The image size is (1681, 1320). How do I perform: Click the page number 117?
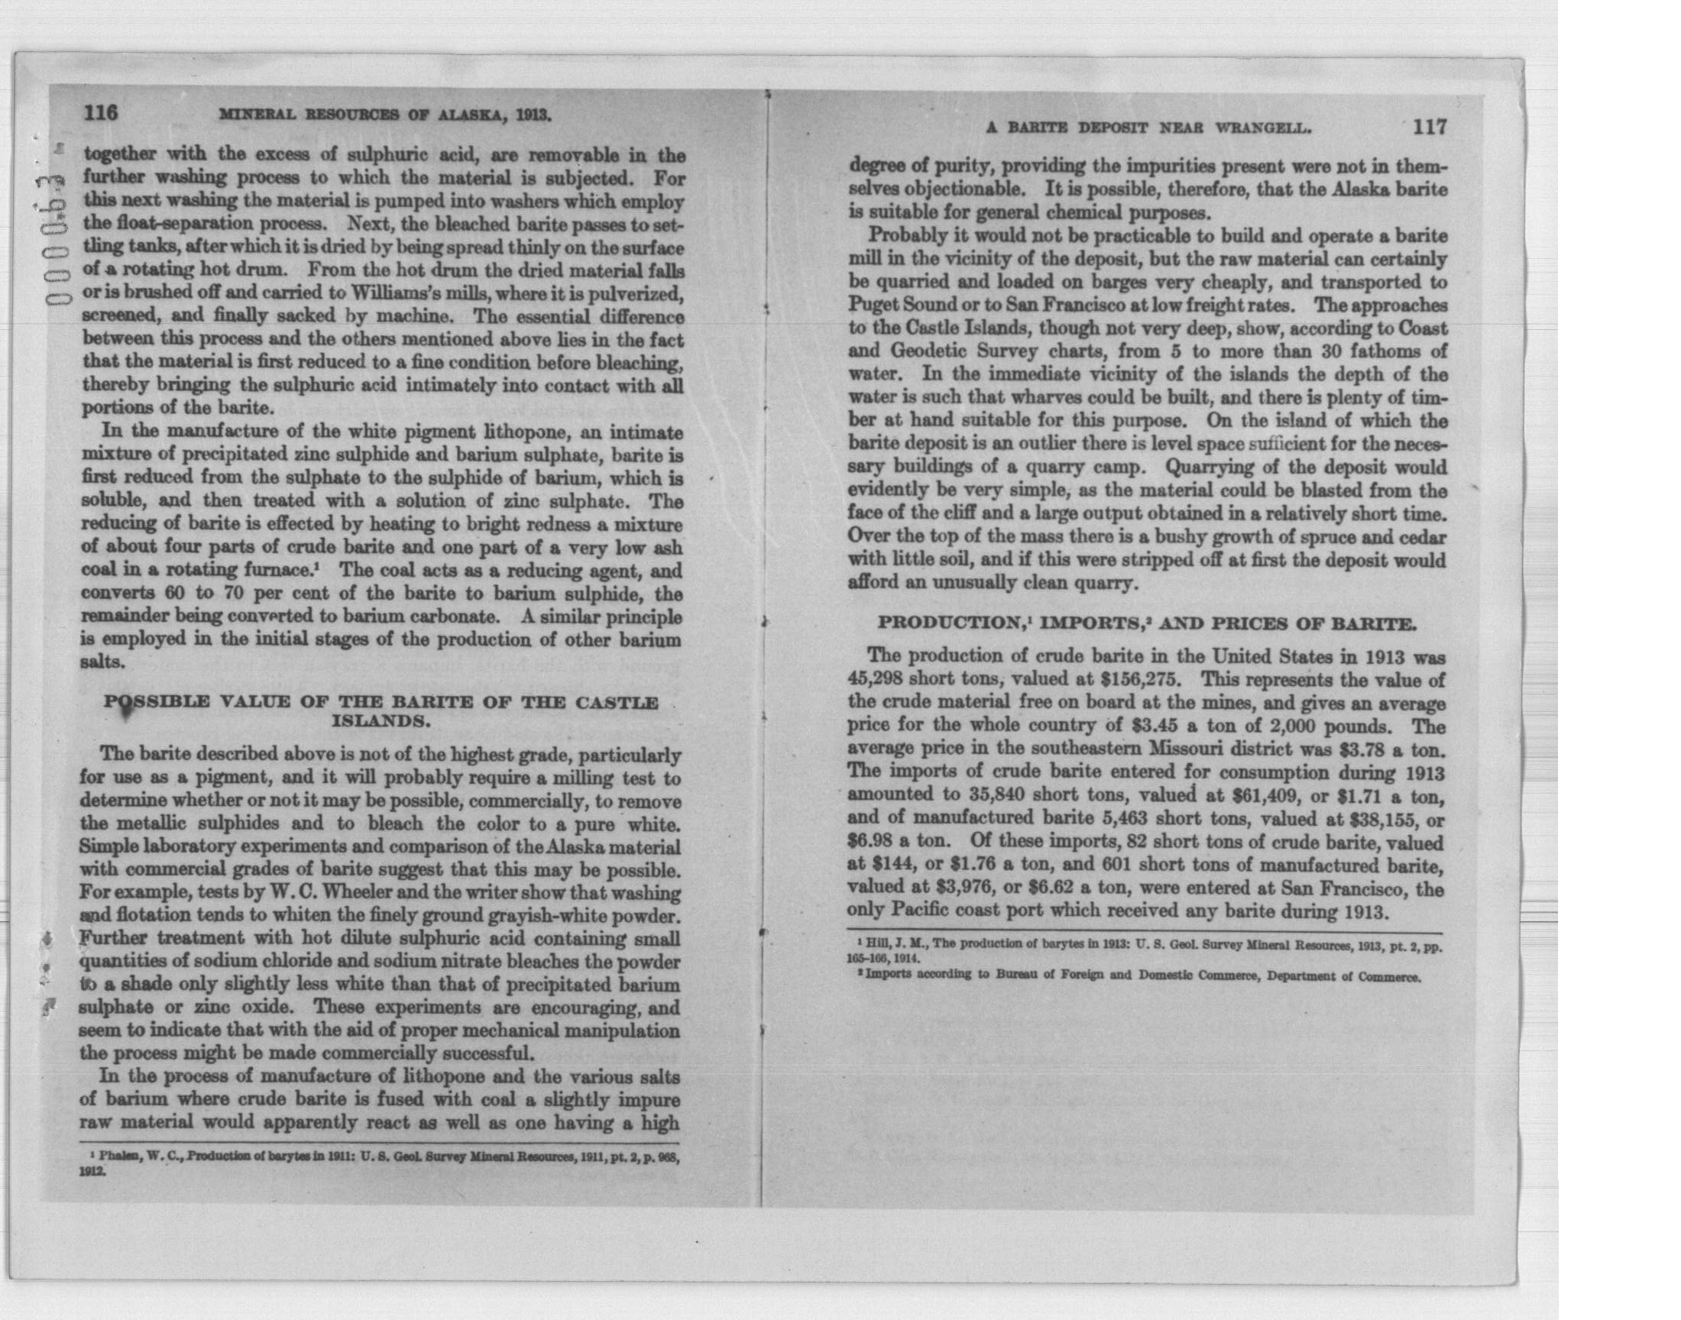tap(1429, 127)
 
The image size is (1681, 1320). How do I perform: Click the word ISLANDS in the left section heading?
tap(381, 722)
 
